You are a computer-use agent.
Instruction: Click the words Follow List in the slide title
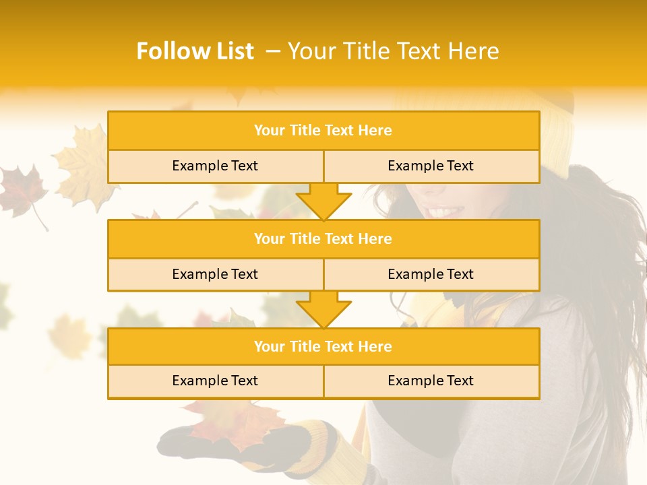pyautogui.click(x=195, y=51)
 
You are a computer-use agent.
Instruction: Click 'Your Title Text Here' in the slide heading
pyautogui.click(x=393, y=51)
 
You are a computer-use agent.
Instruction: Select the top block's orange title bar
pyautogui.click(x=323, y=131)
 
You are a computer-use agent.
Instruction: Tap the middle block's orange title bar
pyautogui.click(x=323, y=239)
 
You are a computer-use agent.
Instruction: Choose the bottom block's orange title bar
pyautogui.click(x=323, y=347)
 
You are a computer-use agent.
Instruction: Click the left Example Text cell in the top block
pyautogui.click(x=215, y=166)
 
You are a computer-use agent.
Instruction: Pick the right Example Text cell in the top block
pyautogui.click(x=431, y=166)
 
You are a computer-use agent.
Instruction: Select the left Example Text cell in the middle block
pyautogui.click(x=215, y=275)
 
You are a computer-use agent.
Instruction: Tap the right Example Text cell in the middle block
pyautogui.click(x=431, y=275)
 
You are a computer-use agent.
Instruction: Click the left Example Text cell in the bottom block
pyautogui.click(x=215, y=381)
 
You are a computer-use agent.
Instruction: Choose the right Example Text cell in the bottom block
pyautogui.click(x=431, y=381)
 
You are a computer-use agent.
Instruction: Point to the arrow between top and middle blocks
pyautogui.click(x=323, y=201)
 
